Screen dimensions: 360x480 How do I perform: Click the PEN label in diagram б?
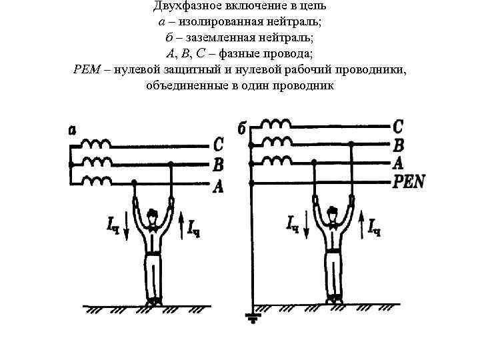point(409,181)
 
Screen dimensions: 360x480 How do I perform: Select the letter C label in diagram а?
point(217,144)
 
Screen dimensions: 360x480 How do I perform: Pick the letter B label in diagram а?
point(217,164)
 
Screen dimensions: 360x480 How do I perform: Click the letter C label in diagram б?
point(398,125)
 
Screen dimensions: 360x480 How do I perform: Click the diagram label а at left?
point(71,130)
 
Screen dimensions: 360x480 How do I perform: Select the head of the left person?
point(154,215)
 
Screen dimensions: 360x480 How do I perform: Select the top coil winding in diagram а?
point(97,143)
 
